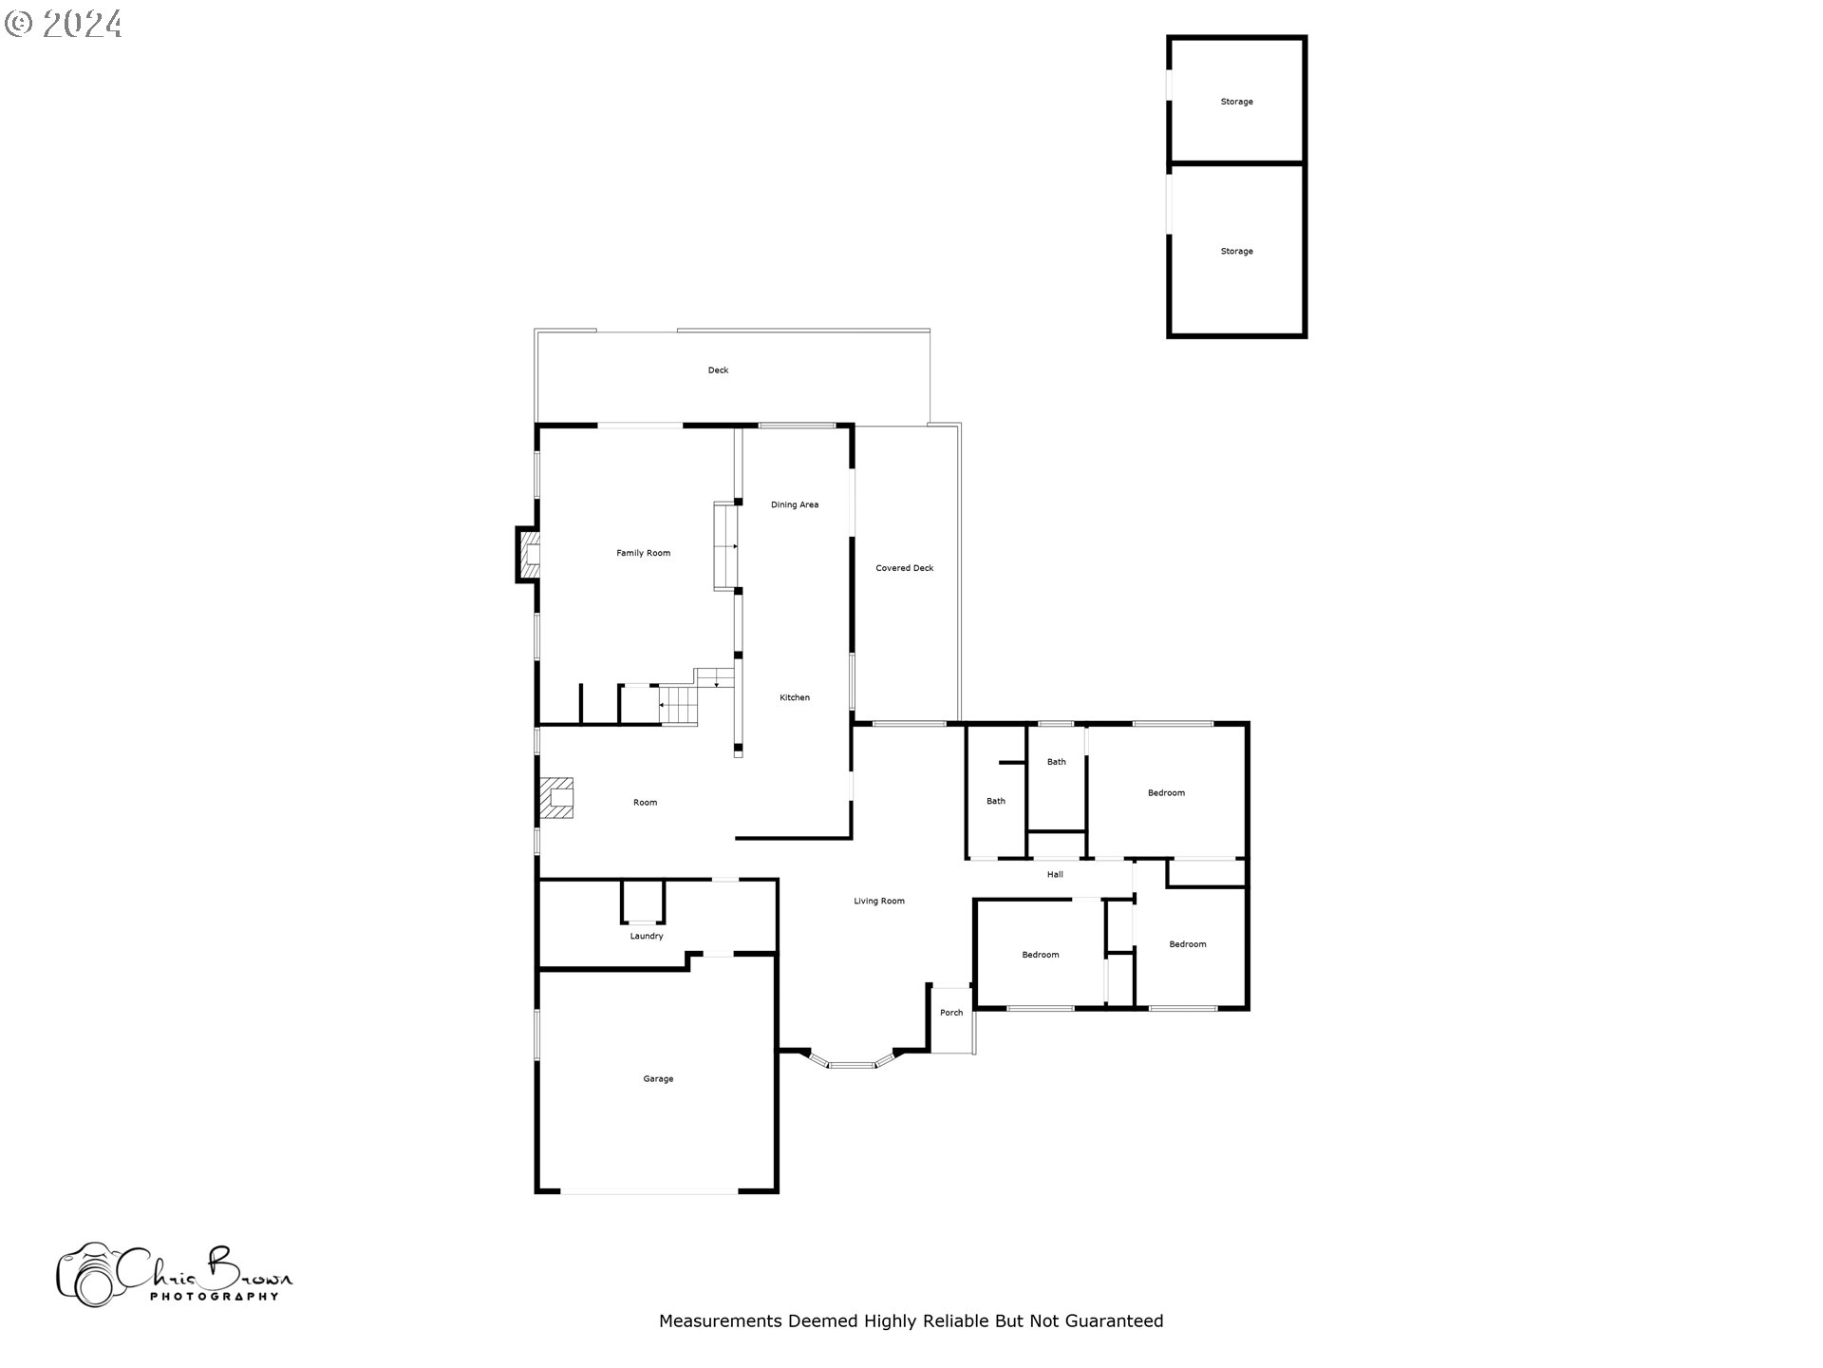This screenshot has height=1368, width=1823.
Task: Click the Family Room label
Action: point(643,553)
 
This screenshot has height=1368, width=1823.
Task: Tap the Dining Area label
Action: point(795,504)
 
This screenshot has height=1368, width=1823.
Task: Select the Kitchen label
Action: point(795,697)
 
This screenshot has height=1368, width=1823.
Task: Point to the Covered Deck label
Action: point(904,568)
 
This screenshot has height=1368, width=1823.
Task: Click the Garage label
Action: point(658,1078)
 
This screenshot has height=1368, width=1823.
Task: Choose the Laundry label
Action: point(647,936)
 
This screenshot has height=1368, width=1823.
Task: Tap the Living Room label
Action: point(878,901)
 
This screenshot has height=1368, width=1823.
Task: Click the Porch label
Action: point(951,1013)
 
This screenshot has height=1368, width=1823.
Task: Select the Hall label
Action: point(1055,874)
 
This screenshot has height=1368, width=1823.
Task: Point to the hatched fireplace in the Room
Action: point(557,798)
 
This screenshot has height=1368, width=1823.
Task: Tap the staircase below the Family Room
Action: point(680,705)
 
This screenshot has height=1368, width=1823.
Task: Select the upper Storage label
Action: point(1236,102)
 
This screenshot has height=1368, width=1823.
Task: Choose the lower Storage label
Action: point(1236,252)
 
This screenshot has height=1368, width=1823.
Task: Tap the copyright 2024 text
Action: point(64,24)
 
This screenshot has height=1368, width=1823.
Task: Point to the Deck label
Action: point(718,370)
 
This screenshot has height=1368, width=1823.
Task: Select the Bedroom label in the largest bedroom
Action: point(1166,792)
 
